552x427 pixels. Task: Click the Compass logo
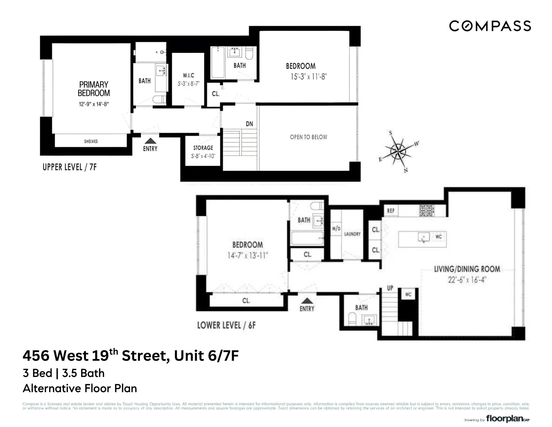(x=490, y=26)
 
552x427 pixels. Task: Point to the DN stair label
(x=249, y=124)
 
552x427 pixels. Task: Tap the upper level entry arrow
(x=150, y=141)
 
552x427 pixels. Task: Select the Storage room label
(x=203, y=148)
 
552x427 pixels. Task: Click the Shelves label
(x=91, y=141)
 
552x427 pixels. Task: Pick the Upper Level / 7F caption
(x=70, y=167)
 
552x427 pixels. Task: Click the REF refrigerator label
(x=391, y=211)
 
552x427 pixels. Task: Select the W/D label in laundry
(x=336, y=229)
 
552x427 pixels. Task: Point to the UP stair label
(x=390, y=288)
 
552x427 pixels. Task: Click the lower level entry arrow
(x=307, y=300)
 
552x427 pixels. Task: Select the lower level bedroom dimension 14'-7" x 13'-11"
(x=247, y=255)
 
